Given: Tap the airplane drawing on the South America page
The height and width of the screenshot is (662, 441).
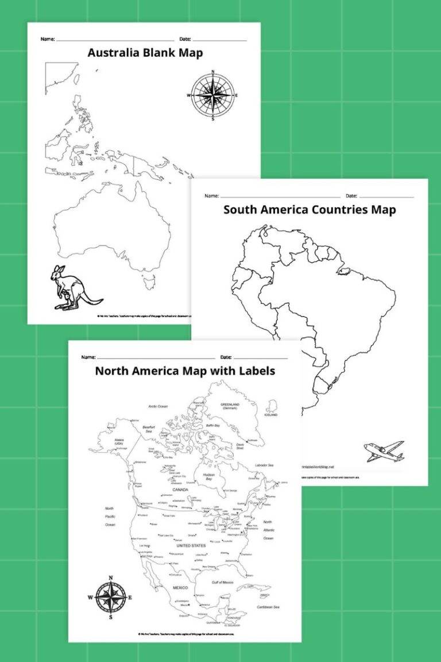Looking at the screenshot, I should tap(384, 451).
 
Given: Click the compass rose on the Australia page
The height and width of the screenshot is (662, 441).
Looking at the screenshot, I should tap(212, 95).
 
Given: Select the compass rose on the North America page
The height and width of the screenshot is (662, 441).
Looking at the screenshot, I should tap(110, 598).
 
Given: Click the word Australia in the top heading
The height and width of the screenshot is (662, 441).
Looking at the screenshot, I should tap(115, 53).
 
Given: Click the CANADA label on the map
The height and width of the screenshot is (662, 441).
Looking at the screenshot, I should tap(180, 490).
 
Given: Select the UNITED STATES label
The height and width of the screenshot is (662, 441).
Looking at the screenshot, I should tap(190, 545).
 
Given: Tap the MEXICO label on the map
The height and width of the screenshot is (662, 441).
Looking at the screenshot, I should tap(180, 588).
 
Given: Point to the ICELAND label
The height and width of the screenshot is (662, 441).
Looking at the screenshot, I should tap(271, 414).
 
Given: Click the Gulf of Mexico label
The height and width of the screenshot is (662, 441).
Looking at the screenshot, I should tap(222, 583).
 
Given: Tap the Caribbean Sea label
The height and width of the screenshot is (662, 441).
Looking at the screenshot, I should tap(268, 607).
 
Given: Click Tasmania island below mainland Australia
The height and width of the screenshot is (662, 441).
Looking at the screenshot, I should tap(149, 282).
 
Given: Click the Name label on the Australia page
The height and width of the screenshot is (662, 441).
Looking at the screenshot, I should tap(48, 39).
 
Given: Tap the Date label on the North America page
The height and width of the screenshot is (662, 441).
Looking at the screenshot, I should tap(225, 357).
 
